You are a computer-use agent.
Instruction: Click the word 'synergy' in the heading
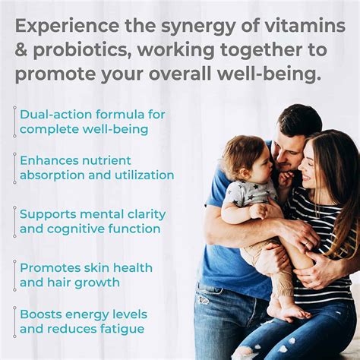(192, 27)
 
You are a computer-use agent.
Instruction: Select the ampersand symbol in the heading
(22, 51)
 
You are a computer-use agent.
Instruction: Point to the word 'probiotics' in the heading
(82, 51)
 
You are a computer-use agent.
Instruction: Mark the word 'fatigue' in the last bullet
(122, 329)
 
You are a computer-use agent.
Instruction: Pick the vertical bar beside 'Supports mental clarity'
(14, 221)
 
